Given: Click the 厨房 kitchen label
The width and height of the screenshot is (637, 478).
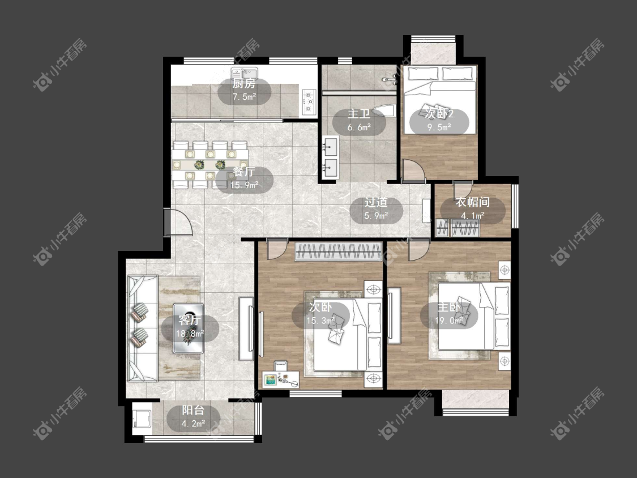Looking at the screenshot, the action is pos(244,84).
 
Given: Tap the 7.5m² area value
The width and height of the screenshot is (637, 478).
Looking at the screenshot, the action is pos(244,97).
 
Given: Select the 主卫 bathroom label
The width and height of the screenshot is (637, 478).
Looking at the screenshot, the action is pos(359,114).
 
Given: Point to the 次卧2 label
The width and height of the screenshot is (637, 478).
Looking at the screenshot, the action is pos(439,114).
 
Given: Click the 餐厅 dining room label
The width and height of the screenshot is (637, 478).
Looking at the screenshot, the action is pos(244,172).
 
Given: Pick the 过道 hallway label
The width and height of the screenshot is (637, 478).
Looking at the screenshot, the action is pos(376,202).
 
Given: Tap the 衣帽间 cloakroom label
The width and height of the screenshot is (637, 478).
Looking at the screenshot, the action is pos(472,202).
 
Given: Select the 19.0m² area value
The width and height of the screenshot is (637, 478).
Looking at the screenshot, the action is pos(449,321).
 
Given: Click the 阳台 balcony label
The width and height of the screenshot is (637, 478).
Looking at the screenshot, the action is pos(193,410).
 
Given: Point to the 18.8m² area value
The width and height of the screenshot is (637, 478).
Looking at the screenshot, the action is pos(190,334).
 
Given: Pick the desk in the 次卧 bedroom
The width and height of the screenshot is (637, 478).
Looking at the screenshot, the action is pos(281,379).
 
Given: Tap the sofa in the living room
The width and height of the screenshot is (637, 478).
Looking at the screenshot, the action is pos(143,328).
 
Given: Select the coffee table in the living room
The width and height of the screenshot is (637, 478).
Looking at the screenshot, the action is pos(189,328).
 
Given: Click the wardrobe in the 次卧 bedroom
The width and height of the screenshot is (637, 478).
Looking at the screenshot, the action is pos(339,251).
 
